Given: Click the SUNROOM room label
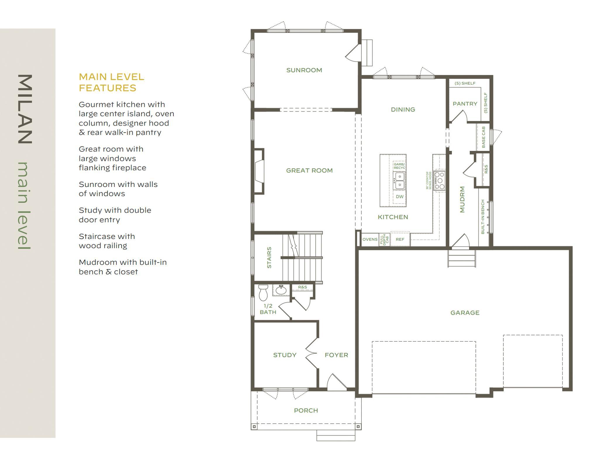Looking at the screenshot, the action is click(x=304, y=70).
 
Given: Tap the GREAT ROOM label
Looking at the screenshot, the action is click(x=309, y=171).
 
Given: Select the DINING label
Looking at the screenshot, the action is click(x=403, y=109).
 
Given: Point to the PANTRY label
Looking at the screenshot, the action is click(x=465, y=104).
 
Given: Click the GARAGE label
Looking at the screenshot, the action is click(x=465, y=313).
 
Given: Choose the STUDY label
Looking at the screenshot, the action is click(x=285, y=355).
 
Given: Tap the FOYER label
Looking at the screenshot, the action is click(x=336, y=355).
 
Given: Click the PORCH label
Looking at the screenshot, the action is click(x=306, y=410).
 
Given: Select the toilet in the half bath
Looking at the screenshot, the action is click(x=263, y=292).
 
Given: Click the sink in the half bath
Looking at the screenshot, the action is click(x=281, y=290).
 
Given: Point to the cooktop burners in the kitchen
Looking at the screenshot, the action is click(x=439, y=180).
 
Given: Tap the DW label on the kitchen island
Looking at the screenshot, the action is click(x=400, y=197).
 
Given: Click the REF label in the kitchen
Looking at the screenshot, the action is click(x=400, y=239).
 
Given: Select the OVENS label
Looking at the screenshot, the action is click(x=370, y=239).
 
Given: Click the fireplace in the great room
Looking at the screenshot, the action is click(x=259, y=171).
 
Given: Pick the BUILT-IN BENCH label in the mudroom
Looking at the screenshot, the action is click(x=483, y=217).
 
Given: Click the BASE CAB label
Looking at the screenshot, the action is click(x=483, y=137).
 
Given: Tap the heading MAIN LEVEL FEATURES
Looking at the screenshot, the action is click(x=111, y=82).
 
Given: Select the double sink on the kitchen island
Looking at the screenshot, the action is click(x=399, y=181).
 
